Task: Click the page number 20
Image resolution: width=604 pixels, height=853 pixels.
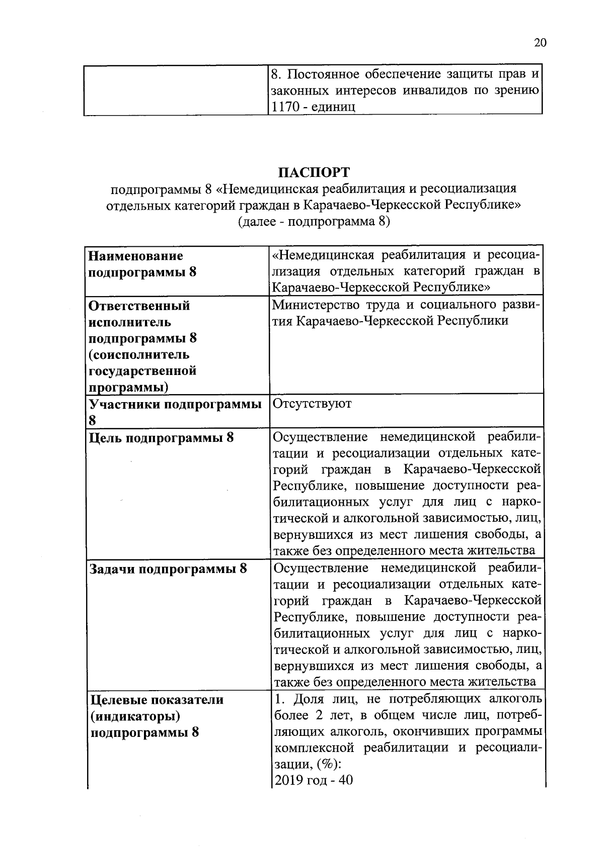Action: [x=540, y=43]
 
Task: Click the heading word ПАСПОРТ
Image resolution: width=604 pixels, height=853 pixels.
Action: [x=314, y=172]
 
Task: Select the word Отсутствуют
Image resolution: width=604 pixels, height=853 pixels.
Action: [x=312, y=404]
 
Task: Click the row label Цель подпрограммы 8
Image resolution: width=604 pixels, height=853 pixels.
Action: [x=162, y=437]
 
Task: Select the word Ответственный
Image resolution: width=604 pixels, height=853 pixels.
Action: [x=139, y=306]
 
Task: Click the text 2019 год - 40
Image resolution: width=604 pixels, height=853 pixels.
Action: [x=313, y=780]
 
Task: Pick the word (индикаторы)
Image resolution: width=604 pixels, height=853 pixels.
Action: [x=135, y=715]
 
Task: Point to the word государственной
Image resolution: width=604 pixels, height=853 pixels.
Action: [x=142, y=371]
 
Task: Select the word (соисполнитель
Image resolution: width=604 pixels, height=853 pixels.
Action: [x=139, y=354]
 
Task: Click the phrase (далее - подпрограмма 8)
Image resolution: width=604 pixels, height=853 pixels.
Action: [x=314, y=222]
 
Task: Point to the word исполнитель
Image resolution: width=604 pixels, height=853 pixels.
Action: [x=130, y=322]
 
